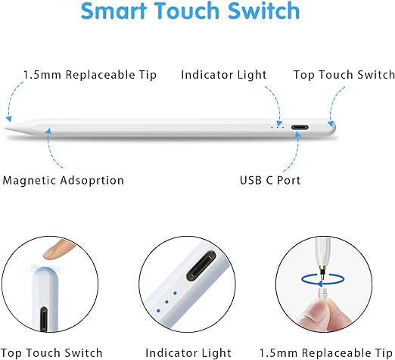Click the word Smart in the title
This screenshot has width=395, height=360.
tap(114, 11)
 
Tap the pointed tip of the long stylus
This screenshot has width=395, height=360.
tap(6, 128)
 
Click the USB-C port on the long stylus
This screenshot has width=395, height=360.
tap(300, 127)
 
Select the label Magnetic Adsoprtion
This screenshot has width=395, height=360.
tap(64, 181)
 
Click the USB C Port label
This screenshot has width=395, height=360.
tap(270, 180)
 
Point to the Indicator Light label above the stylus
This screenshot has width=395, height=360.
tap(224, 75)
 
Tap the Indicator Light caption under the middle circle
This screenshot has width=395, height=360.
tap(188, 352)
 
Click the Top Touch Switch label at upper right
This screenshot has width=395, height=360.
tap(344, 75)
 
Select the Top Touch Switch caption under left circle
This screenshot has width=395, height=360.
tap(51, 352)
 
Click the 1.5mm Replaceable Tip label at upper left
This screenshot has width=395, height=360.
tap(90, 75)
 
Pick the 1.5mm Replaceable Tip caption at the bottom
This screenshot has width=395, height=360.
tap(325, 352)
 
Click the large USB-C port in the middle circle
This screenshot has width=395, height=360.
tap(201, 265)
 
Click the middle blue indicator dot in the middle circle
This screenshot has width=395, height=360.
tap(166, 302)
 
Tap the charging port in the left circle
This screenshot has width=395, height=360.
tap(43, 318)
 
